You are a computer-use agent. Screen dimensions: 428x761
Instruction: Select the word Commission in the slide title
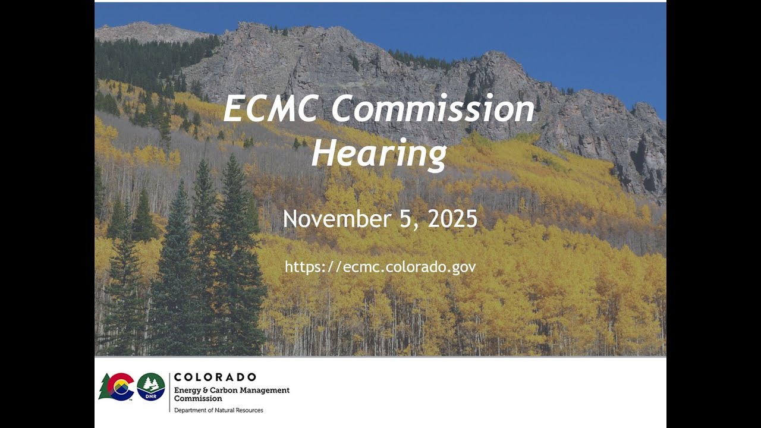pyautogui.click(x=433, y=109)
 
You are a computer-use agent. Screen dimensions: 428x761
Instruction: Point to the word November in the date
pyautogui.click(x=335, y=219)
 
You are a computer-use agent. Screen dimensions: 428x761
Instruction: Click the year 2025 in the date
pyautogui.click(x=452, y=219)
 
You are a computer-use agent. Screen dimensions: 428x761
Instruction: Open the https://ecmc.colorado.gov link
pyautogui.click(x=380, y=267)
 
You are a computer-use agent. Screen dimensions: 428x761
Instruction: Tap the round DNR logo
pyautogui.click(x=151, y=386)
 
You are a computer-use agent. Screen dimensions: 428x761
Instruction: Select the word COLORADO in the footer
pyautogui.click(x=215, y=377)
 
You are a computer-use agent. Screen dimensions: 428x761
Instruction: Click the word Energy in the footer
pyautogui.click(x=187, y=391)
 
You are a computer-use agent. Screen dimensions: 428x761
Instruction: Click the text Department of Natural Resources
pyautogui.click(x=218, y=410)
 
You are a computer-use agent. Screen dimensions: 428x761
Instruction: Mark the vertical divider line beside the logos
pyautogui.click(x=169, y=392)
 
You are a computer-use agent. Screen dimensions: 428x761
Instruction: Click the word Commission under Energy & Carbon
pyautogui.click(x=198, y=398)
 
